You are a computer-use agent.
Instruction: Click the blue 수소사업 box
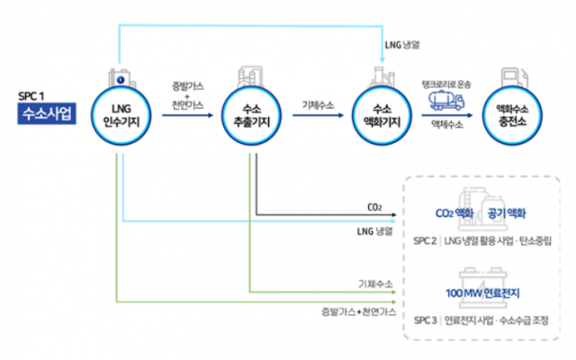47,113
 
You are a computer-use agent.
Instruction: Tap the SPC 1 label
31,96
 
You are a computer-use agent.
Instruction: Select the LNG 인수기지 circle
121,116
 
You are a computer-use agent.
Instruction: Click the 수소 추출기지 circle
252,116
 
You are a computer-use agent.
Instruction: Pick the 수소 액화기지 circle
382,116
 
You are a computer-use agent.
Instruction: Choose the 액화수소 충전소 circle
512,116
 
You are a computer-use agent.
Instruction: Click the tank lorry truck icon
446,100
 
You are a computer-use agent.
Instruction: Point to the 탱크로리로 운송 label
446,85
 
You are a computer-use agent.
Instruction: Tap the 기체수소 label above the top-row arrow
318,105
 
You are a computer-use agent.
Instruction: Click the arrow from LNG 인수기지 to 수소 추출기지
188,115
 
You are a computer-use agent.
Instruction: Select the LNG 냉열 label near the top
402,45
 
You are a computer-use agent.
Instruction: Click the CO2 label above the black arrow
374,208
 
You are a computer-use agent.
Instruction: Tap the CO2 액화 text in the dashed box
454,213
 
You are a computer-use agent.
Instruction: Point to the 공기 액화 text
507,213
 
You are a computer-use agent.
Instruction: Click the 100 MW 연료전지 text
482,293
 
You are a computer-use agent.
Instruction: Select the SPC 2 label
425,241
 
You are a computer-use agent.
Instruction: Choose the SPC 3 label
426,320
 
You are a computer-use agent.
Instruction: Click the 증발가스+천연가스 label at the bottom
359,312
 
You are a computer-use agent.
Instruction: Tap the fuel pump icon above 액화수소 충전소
515,77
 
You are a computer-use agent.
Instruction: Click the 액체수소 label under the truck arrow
447,125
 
